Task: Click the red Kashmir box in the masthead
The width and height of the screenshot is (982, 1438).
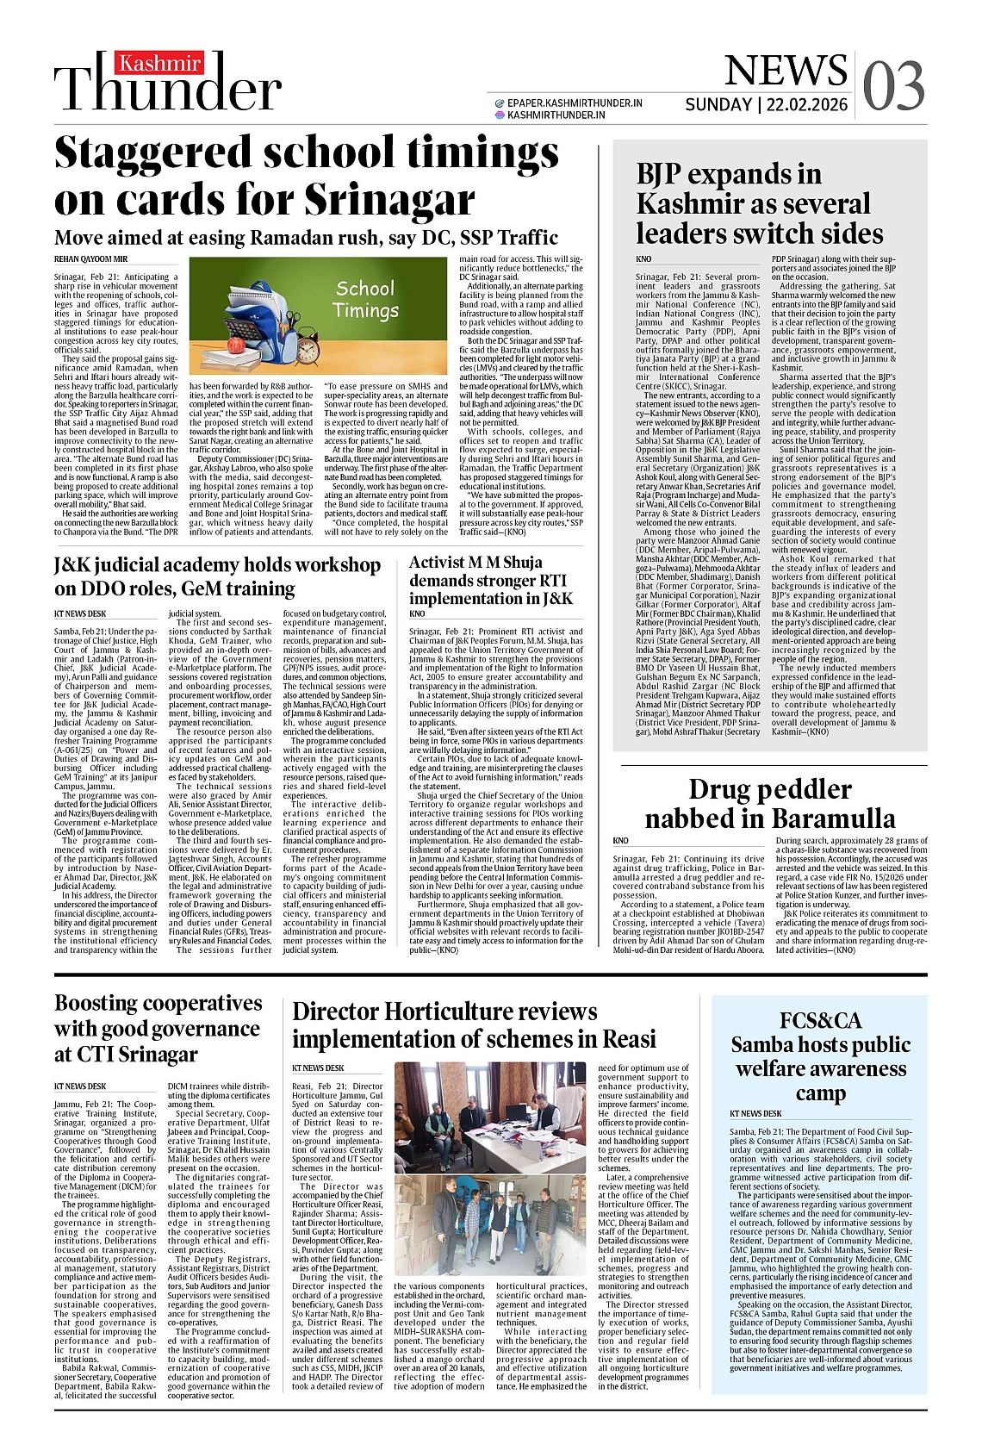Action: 160,64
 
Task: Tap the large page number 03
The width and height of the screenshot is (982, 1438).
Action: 893,87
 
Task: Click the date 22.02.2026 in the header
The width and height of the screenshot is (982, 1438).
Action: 808,105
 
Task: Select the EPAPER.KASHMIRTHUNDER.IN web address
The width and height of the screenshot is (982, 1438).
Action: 574,103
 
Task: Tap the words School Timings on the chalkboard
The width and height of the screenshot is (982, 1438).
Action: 365,299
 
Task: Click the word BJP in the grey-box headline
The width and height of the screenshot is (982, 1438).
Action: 667,174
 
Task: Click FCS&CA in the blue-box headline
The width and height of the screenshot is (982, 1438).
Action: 820,1020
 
